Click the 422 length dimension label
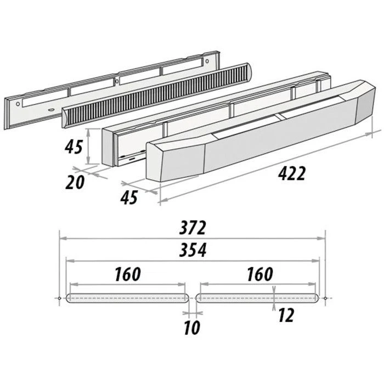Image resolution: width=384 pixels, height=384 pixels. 292,173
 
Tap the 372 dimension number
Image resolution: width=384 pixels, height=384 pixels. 193,228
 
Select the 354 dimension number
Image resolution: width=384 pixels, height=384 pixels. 193,250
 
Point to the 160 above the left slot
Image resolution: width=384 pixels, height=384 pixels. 128,274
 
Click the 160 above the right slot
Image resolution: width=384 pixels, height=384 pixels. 260,274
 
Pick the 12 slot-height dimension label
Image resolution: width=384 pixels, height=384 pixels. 286,315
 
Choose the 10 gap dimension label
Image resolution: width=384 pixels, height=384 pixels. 192,327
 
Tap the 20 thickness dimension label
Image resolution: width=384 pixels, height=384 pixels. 75,183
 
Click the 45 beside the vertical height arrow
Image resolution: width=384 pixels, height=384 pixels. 74,147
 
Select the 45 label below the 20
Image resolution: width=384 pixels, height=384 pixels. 129,197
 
